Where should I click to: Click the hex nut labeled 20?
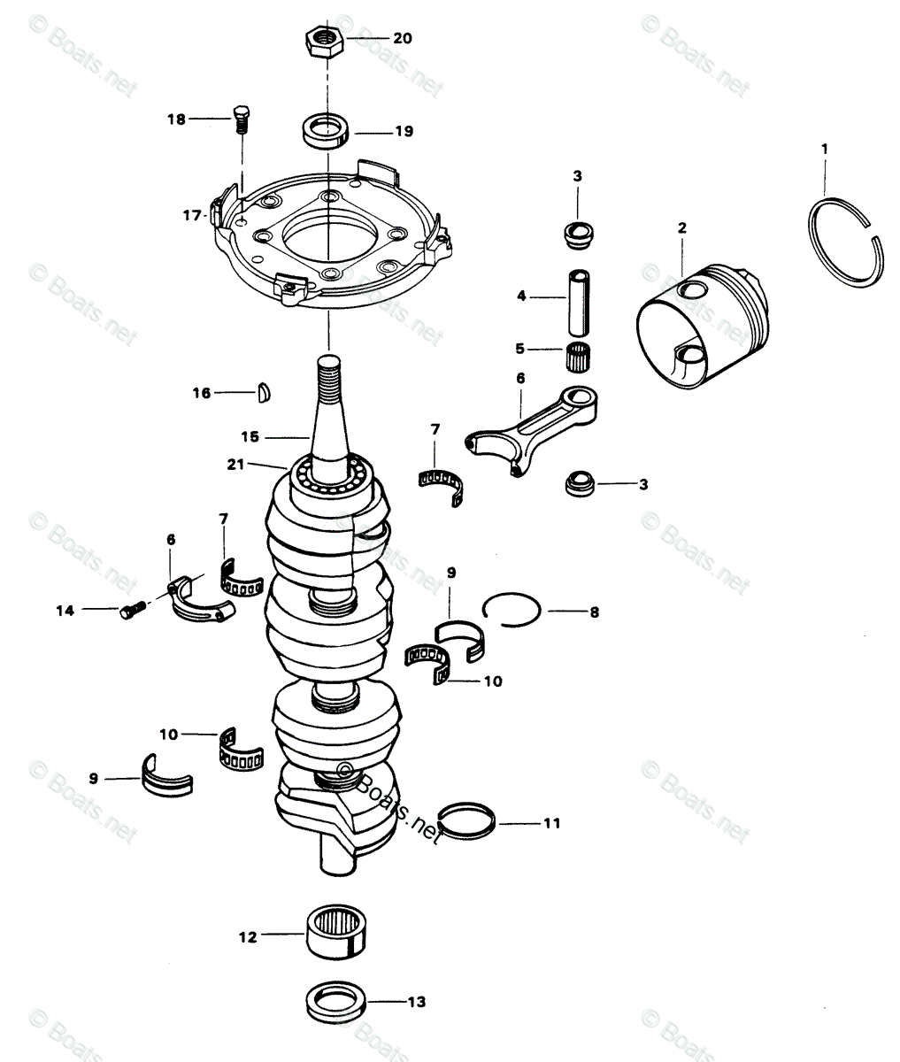pyautogui.click(x=325, y=39)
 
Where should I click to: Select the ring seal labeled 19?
pyautogui.click(x=325, y=131)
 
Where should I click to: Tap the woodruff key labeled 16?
pyautogui.click(x=263, y=391)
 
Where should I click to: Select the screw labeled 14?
pyautogui.click(x=133, y=610)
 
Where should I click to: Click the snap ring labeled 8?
pyautogui.click(x=511, y=610)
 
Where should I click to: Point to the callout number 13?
pyautogui.click(x=417, y=1002)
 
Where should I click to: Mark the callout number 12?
pyautogui.click(x=248, y=934)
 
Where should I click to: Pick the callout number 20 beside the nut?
pyautogui.click(x=403, y=39)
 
